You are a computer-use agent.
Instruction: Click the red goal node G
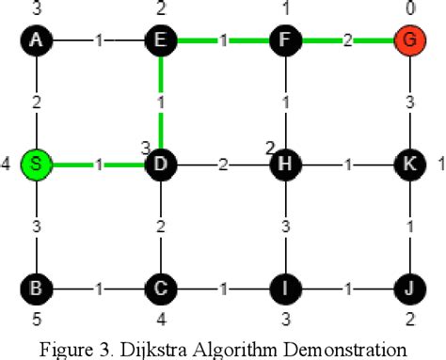click(x=408, y=40)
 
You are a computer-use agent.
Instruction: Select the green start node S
click(x=37, y=164)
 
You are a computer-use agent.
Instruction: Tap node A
click(x=37, y=40)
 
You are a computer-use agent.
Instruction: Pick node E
click(x=161, y=40)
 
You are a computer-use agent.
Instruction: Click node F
click(x=284, y=40)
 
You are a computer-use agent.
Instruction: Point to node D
click(x=161, y=164)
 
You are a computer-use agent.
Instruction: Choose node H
click(x=284, y=164)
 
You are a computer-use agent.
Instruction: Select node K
click(x=408, y=164)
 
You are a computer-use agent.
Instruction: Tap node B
click(x=37, y=287)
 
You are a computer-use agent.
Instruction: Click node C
click(x=161, y=287)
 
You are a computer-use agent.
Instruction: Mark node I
click(x=284, y=287)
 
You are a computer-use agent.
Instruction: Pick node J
click(x=408, y=287)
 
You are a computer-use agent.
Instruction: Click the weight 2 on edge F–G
click(x=346, y=40)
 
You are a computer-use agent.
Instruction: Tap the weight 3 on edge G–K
click(x=408, y=102)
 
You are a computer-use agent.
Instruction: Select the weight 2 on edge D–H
click(x=222, y=164)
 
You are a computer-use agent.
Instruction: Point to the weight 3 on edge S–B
click(x=37, y=226)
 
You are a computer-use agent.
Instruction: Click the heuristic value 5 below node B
click(x=37, y=318)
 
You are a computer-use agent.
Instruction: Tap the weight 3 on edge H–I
click(x=284, y=226)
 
